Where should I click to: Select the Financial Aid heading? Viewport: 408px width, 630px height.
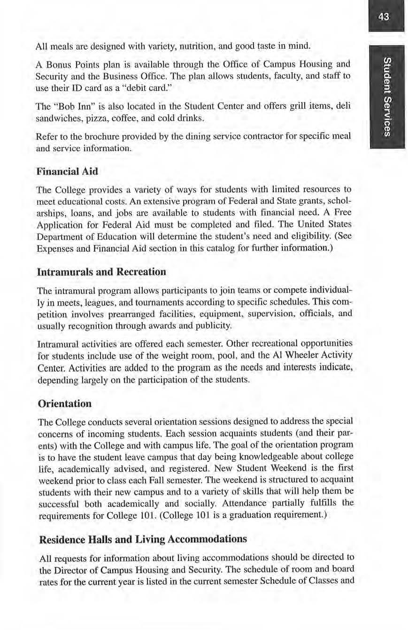[x=67, y=171]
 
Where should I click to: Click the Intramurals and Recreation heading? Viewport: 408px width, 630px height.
[x=101, y=272]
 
